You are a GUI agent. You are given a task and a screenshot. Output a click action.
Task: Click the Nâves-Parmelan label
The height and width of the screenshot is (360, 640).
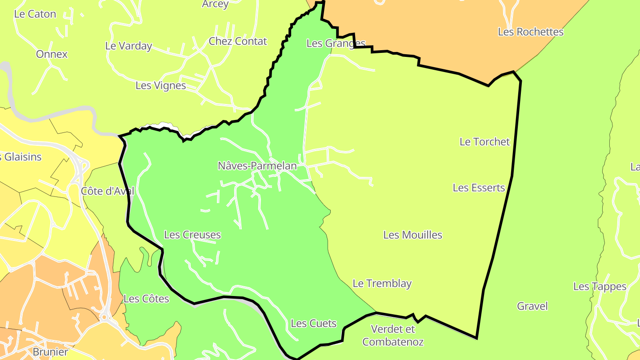pyautogui.click(x=257, y=166)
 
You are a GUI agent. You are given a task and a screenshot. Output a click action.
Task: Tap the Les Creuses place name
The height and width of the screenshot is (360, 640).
pyautogui.click(x=192, y=235)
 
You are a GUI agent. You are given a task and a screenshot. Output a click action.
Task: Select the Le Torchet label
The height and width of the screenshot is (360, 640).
pyautogui.click(x=484, y=142)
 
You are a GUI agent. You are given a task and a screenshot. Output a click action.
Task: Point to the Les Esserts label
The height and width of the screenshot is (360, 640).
pyautogui.click(x=479, y=188)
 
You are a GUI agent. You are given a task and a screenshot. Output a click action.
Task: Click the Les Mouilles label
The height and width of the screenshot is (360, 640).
pyautogui.click(x=412, y=235)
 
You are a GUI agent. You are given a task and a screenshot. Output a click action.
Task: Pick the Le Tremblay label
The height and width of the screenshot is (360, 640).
pyautogui.click(x=382, y=283)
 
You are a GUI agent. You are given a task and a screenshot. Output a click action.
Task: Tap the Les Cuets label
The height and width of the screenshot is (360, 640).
pyautogui.click(x=313, y=324)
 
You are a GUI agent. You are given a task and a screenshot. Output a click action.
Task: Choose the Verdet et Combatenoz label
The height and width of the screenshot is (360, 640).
pyautogui.click(x=393, y=336)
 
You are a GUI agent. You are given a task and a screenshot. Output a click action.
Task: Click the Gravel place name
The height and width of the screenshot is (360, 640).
pyautogui.click(x=532, y=306)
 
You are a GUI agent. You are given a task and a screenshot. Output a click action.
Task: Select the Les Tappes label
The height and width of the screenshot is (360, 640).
pyautogui.click(x=600, y=287)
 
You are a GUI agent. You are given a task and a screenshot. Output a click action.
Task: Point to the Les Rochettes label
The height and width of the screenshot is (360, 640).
pyautogui.click(x=530, y=32)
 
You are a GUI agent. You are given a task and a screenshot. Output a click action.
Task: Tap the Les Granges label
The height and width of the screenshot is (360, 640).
pyautogui.click(x=336, y=44)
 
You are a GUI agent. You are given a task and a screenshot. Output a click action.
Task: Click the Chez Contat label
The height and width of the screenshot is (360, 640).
pyautogui.click(x=238, y=41)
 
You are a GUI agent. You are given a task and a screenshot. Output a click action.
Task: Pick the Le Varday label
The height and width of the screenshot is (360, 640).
pyautogui.click(x=128, y=46)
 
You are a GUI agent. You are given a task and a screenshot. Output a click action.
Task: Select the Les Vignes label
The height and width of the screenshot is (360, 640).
pyautogui.click(x=160, y=85)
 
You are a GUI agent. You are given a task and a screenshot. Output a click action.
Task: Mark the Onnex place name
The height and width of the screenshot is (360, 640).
pyautogui.click(x=52, y=54)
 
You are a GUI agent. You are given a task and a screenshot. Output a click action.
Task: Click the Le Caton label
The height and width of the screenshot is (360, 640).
pyautogui.click(x=35, y=14)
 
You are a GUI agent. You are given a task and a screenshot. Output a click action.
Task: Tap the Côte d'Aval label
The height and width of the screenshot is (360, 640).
pyautogui.click(x=107, y=191)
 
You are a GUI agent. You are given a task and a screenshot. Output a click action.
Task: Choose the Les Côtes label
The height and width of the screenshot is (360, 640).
pyautogui.click(x=146, y=299)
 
